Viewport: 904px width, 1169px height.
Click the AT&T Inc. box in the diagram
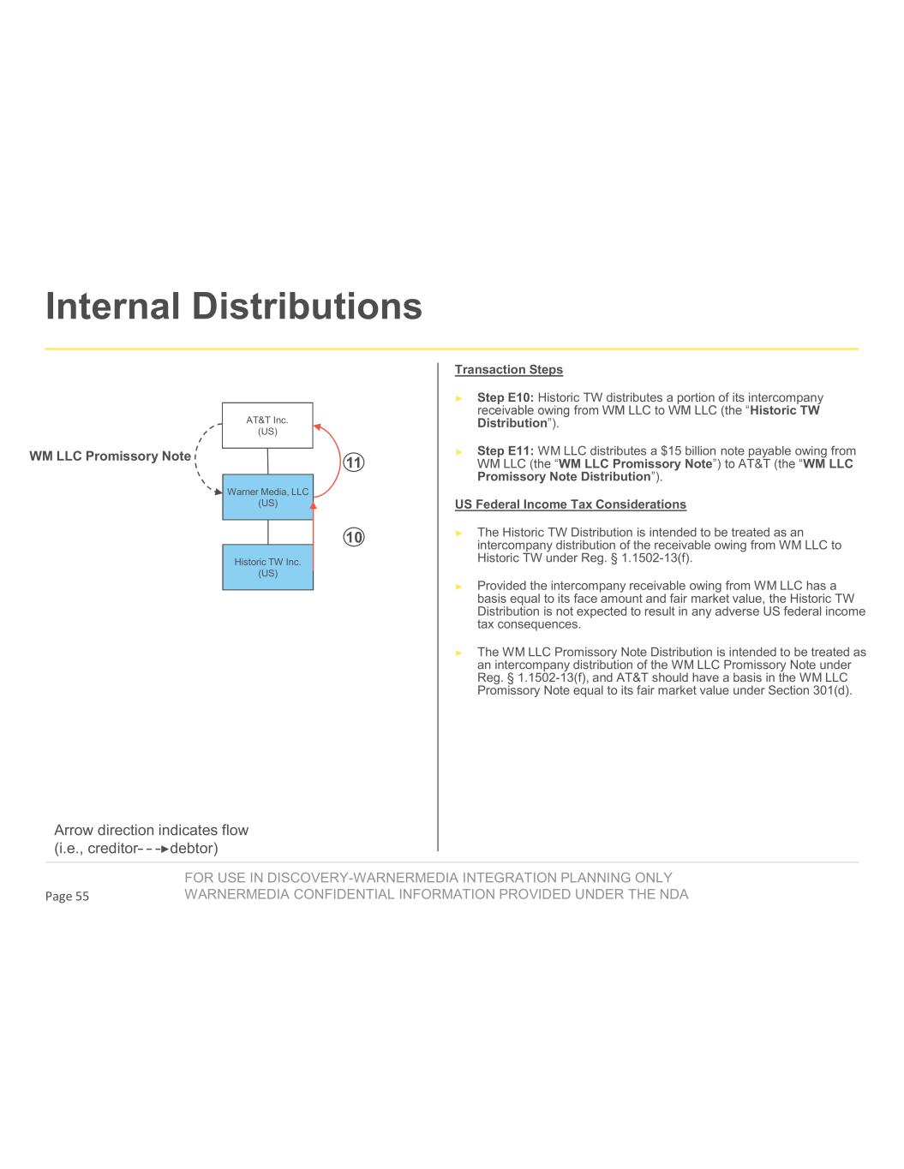(267, 425)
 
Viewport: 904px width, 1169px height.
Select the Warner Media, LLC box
(267, 497)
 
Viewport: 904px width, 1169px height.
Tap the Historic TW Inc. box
(267, 567)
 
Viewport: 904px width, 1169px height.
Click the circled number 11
(354, 462)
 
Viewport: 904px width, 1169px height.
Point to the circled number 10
(354, 537)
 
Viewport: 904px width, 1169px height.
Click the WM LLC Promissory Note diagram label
(110, 456)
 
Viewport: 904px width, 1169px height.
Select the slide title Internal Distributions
(234, 306)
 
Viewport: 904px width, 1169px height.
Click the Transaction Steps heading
(508, 370)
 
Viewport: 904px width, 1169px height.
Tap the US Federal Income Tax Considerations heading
(570, 504)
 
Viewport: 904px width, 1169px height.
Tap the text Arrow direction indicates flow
(151, 830)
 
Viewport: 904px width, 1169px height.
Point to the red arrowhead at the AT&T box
(316, 426)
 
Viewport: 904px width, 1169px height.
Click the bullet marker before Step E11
(459, 452)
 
